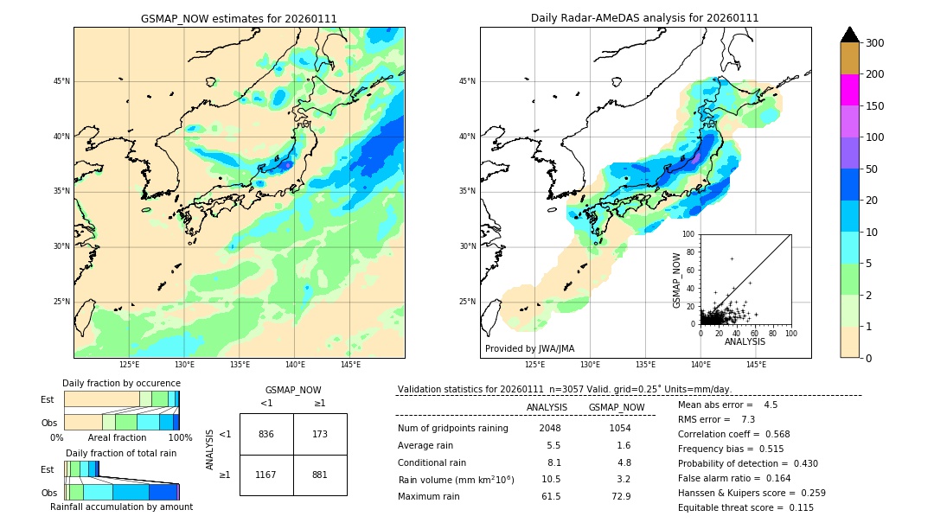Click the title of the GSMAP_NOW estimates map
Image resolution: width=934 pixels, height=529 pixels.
point(239,18)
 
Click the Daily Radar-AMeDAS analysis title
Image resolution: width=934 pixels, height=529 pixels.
point(644,18)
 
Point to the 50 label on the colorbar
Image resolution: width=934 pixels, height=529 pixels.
point(873,169)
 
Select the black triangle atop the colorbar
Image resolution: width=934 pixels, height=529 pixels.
point(850,35)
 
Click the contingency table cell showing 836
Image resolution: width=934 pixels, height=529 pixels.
point(266,434)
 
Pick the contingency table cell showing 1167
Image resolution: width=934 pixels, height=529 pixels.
point(266,475)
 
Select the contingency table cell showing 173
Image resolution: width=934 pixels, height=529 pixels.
point(320,434)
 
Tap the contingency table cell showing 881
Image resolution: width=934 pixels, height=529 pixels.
point(320,475)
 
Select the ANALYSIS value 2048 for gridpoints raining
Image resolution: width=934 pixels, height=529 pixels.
point(550,429)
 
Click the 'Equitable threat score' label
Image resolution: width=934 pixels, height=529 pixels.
point(730,508)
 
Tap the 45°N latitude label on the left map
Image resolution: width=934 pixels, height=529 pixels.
point(61,81)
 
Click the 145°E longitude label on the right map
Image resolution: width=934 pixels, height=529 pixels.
point(756,365)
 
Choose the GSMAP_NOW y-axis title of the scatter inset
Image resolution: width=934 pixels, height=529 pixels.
point(678,279)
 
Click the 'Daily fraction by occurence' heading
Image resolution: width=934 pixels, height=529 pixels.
point(122,383)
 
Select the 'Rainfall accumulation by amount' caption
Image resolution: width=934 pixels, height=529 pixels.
point(121,507)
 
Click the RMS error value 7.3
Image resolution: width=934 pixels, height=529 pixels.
point(749,419)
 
